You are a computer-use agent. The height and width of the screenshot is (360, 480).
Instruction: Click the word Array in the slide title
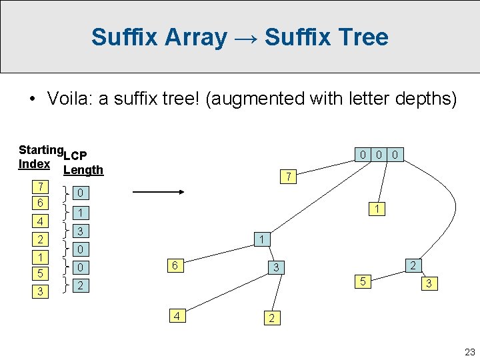[197, 37]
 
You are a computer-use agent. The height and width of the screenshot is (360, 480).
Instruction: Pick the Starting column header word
[41, 150]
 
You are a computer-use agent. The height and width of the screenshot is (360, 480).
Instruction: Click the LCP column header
[75, 156]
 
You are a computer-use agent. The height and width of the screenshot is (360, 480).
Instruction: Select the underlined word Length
[83, 169]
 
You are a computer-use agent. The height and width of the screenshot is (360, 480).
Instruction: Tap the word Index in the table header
[34, 164]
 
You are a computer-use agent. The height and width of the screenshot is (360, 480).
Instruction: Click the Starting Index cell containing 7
[41, 186]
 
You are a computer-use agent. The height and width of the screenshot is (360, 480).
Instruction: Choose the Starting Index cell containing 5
[41, 273]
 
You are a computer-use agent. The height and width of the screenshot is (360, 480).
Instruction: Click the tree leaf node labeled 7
[287, 177]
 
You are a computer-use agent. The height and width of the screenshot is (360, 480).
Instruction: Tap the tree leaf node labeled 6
[174, 265]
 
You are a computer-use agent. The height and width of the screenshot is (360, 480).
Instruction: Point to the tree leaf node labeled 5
[363, 281]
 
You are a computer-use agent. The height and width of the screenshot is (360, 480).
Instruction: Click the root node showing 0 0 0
[379, 155]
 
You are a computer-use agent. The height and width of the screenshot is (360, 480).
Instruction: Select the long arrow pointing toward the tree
[159, 193]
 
